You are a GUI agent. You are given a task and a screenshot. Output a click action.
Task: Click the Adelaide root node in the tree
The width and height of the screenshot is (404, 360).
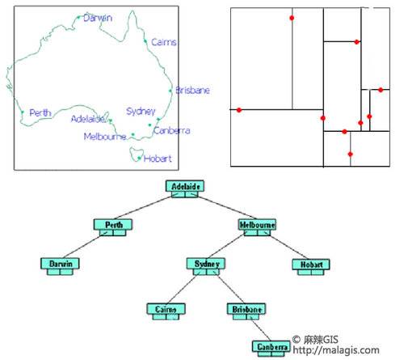coord(185,188)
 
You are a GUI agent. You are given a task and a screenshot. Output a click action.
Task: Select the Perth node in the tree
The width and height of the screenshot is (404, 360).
coord(113,227)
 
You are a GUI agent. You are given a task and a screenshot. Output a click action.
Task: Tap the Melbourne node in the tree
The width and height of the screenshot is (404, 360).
coord(257,227)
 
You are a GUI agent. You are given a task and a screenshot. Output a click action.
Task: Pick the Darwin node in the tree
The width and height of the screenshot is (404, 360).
coord(60,266)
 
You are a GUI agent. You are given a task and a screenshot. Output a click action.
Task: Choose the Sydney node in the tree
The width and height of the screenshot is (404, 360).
coord(206,266)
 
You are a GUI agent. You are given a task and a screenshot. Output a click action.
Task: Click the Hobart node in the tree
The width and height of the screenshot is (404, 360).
coord(311,267)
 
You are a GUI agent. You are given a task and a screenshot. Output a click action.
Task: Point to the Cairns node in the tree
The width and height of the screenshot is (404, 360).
coord(166,311)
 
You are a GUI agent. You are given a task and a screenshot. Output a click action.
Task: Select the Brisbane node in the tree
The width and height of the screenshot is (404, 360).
coord(246,311)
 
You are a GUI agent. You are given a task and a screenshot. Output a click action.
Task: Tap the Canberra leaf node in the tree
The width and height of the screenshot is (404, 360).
coord(271,349)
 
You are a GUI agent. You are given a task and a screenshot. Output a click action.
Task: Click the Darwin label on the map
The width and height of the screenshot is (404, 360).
coord(98,18)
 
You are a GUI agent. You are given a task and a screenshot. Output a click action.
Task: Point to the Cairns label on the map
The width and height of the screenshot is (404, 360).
coord(164,42)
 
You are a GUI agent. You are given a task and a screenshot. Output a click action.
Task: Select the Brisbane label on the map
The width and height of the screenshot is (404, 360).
coord(192,90)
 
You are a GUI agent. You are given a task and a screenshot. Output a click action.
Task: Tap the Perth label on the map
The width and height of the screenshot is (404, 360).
coord(40,112)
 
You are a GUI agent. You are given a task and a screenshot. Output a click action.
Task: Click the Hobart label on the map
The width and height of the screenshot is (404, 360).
coord(158,159)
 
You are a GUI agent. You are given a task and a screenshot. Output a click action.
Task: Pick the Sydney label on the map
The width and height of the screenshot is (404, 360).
coord(141,112)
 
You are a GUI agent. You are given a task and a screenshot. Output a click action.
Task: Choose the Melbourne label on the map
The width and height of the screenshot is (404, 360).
coord(105,137)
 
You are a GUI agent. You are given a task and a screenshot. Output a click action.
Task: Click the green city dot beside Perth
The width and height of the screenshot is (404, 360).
coord(23,112)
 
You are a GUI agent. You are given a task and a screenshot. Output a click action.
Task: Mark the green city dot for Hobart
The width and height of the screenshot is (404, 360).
coord(139,159)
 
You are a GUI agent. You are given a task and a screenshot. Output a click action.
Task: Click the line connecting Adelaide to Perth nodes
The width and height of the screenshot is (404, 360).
coord(142,208)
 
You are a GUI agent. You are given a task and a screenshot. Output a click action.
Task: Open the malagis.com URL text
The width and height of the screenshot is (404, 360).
coord(336,350)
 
